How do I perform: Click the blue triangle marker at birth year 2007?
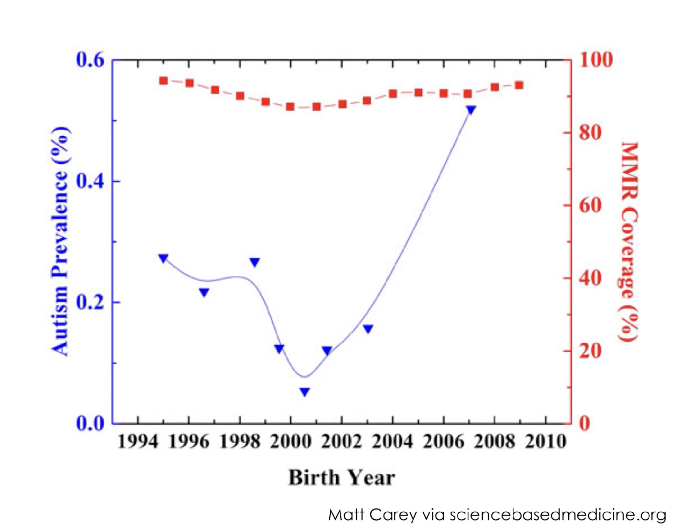click(471, 109)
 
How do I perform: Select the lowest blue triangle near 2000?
click(305, 391)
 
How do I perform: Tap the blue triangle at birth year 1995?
click(163, 258)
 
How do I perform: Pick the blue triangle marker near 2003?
click(368, 329)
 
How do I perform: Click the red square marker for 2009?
click(519, 85)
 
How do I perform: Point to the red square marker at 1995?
click(163, 80)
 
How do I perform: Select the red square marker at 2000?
click(290, 107)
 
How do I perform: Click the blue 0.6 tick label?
click(90, 60)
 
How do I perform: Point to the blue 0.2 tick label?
click(90, 303)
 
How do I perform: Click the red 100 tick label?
click(596, 60)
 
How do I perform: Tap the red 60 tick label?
click(590, 205)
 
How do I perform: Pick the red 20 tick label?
click(590, 351)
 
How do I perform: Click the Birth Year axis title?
click(341, 478)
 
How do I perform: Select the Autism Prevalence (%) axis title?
click(60, 241)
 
